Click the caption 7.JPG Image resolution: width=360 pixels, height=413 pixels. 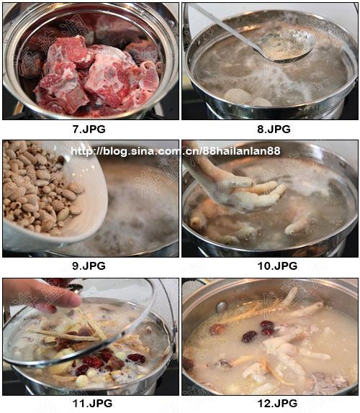[89, 129]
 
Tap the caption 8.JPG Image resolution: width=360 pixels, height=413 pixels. [274, 129]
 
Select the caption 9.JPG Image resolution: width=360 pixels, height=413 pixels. [89, 265]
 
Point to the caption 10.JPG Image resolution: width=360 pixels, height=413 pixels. [277, 265]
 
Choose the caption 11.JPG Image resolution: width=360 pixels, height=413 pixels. [92, 403]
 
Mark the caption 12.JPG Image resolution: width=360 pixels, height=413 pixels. [277, 403]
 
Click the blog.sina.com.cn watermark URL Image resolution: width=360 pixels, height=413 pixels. [176, 151]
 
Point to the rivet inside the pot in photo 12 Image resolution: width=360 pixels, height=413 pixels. [222, 307]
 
